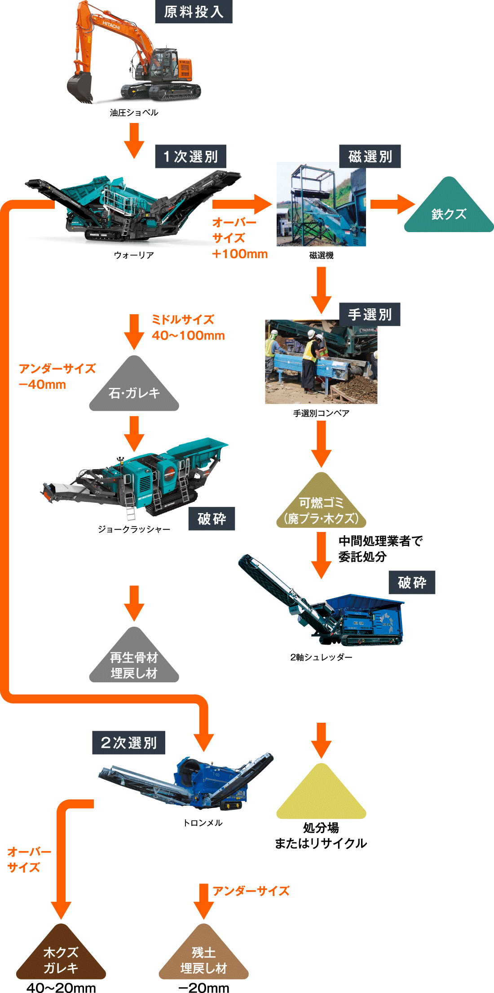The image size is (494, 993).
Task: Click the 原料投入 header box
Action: pos(194,12)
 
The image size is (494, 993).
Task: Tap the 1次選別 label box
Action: pos(190,156)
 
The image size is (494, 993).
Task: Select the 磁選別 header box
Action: pos(370,156)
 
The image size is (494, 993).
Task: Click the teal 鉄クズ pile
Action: pos(449,211)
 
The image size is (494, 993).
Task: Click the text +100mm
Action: pos(240,254)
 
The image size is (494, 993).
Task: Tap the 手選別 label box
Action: pos(370,314)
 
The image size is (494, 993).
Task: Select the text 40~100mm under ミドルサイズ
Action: pos(188,335)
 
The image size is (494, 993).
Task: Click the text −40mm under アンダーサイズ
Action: pos(42,385)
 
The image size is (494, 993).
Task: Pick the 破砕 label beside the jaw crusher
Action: pos(212,519)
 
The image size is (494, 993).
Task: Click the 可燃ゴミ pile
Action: pos(321,507)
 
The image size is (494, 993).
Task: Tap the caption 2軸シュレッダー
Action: pos(321,657)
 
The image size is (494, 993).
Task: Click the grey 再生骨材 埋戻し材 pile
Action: pos(134,662)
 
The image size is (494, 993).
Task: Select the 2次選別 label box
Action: pos(129,743)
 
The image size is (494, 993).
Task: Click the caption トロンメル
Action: pos(203,823)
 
